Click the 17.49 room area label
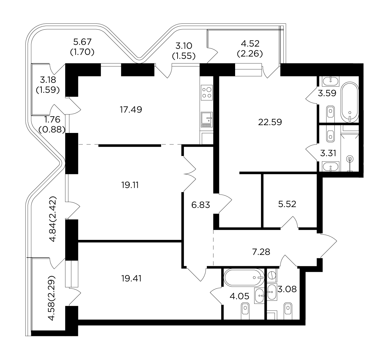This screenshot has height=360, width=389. (x=131, y=110)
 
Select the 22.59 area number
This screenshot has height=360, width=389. (x=270, y=122)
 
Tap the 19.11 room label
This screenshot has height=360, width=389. (x=130, y=185)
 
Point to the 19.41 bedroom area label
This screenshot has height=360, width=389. (x=132, y=279)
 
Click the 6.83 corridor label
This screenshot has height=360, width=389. (x=201, y=205)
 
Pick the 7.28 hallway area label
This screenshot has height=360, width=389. (x=261, y=252)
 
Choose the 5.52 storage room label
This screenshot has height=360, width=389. (x=287, y=204)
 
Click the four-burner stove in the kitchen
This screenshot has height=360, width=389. (x=207, y=92)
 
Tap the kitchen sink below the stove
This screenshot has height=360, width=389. (x=207, y=119)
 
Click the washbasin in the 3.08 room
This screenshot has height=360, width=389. (x=272, y=292)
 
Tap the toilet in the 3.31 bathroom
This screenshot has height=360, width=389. (x=330, y=136)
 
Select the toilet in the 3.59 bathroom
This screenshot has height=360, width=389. (x=330, y=112)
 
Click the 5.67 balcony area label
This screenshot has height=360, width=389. (x=82, y=41)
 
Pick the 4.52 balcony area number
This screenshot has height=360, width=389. (x=250, y=43)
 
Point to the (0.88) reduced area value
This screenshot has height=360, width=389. (x=52, y=129)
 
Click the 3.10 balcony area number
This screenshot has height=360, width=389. (x=183, y=46)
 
